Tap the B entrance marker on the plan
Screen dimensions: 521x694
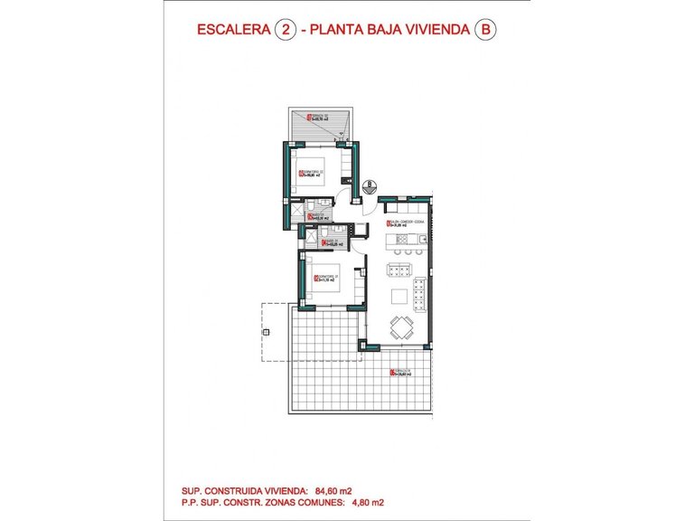[370, 186]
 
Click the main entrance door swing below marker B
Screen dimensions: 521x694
[370, 204]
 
